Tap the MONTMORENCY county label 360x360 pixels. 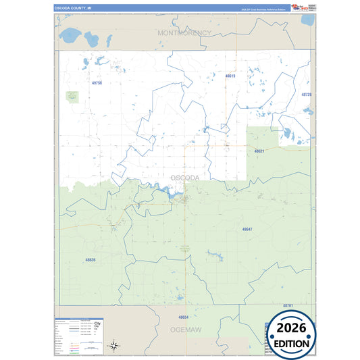(x=184, y=32)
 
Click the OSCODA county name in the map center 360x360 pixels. (x=184, y=177)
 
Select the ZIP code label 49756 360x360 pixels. (x=97, y=82)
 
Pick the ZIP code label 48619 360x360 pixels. (x=230, y=76)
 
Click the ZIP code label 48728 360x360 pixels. (x=307, y=95)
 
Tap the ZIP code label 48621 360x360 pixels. (x=259, y=151)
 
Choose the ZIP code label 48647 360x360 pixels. (x=247, y=230)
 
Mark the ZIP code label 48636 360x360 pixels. (x=91, y=259)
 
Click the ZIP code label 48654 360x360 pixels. (x=183, y=316)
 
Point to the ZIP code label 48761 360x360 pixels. (x=288, y=305)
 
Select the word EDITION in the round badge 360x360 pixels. (x=292, y=344)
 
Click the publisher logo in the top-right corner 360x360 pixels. (x=300, y=7)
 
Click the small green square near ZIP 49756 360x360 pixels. (x=72, y=97)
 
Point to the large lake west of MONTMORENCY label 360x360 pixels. (x=70, y=34)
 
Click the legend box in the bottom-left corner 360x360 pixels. (x=80, y=336)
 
